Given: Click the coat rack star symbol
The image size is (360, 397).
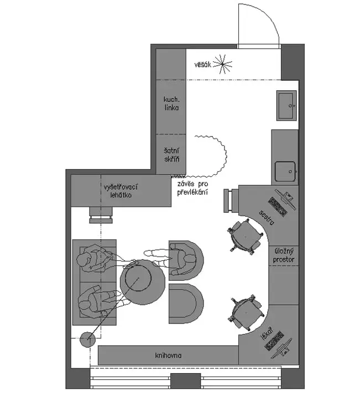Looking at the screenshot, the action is point(222,64).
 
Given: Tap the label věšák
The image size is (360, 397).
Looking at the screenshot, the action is point(202,65).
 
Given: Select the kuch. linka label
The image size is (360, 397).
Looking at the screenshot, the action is point(171,103).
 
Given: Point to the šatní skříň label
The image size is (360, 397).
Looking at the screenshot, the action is point(171,155).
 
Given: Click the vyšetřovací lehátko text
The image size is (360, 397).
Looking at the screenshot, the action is point(121,191).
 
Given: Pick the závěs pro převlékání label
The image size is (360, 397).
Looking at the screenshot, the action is point(192,187).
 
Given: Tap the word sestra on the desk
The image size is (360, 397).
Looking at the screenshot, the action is point(267,217).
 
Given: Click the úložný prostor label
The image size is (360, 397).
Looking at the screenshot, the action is point(284,255).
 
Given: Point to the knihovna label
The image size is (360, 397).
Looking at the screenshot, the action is point(168,356).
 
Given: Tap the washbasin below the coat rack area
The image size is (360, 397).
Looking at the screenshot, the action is point(286,105).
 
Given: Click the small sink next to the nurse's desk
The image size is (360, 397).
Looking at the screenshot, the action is point(285,171).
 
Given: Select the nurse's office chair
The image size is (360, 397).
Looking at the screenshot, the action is point(244,237).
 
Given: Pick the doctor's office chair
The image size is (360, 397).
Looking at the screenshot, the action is point(246,313).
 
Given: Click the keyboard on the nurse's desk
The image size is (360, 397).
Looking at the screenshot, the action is point(278,206).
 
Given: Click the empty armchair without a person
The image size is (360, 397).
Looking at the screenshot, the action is point(186,304).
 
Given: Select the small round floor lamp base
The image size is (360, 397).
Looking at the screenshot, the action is point(87,339).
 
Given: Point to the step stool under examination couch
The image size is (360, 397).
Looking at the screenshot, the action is point(101,215).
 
